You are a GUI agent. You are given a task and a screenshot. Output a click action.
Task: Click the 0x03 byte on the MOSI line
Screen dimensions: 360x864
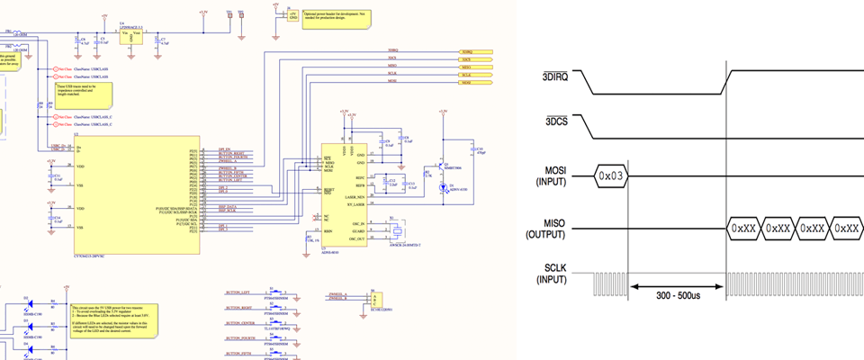pos(609,176)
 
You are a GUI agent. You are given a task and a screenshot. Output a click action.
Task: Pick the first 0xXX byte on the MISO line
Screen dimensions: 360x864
pos(742,229)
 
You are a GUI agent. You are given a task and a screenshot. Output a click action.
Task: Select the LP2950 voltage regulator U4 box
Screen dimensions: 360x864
pos(131,35)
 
